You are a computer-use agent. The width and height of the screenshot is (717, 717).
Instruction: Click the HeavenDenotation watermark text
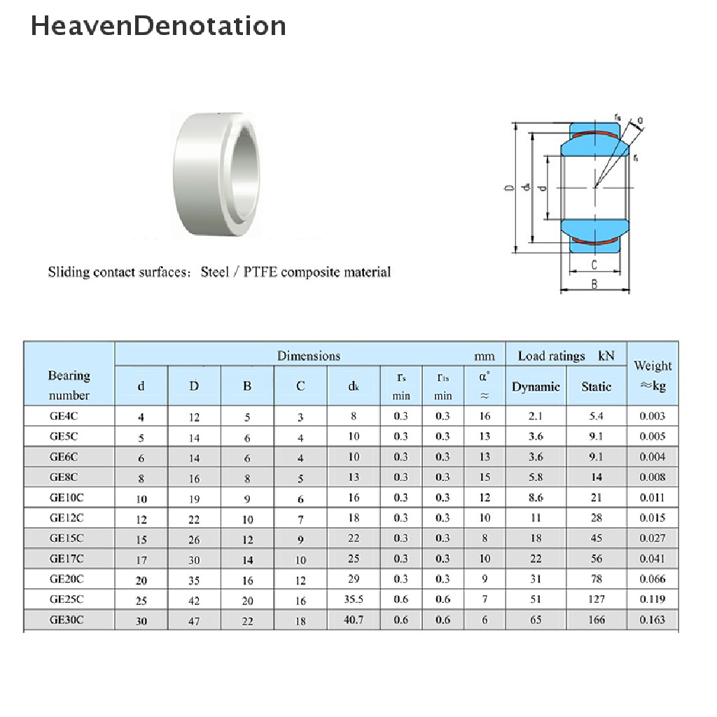tap(158, 26)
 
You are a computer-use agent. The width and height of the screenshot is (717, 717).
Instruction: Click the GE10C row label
tap(67, 497)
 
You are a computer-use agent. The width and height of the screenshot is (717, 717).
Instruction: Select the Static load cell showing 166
tap(596, 620)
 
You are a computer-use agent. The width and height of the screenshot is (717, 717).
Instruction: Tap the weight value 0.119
tap(652, 599)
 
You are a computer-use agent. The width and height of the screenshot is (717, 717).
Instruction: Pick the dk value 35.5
tap(354, 599)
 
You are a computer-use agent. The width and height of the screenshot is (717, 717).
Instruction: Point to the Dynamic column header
tap(536, 387)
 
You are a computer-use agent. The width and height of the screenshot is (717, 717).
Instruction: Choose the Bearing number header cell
tap(69, 385)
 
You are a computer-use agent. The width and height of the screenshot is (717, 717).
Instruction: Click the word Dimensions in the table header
tap(309, 356)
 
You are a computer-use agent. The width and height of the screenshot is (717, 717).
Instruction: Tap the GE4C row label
tap(64, 416)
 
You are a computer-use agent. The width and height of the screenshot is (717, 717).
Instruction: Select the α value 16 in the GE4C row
tap(485, 416)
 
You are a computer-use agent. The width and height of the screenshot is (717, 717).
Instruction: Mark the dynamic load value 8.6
tap(536, 497)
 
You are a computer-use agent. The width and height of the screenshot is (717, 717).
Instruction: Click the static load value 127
tap(596, 599)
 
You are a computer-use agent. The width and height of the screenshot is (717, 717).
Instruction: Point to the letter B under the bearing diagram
tap(594, 284)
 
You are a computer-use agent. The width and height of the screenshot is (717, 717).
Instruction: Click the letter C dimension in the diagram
tap(594, 265)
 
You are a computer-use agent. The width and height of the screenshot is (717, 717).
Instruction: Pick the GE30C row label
tap(67, 620)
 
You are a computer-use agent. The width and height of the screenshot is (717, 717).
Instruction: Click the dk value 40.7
tap(354, 620)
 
